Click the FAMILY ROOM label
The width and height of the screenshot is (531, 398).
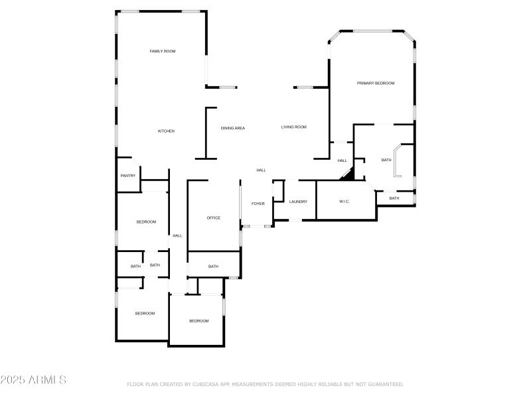coord(162,51)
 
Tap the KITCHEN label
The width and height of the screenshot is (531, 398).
coord(166,131)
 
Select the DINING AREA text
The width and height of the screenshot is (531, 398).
coord(232,128)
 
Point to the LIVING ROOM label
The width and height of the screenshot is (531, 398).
coord(293,127)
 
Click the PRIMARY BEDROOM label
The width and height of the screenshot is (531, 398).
coord(376,83)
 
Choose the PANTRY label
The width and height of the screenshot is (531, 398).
coord(128,176)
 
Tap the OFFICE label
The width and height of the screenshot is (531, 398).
coord(213,218)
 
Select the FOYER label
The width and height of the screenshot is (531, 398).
coord(258,203)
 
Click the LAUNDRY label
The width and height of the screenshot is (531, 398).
coord(298,202)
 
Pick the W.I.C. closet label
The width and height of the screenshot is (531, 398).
coord(344,202)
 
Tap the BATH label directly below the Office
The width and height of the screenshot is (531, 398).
coord(213,267)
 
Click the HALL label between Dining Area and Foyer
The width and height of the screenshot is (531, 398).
coord(262,170)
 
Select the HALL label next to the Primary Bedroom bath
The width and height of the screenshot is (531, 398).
coord(342,161)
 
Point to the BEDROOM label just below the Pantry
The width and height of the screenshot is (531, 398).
coord(146,222)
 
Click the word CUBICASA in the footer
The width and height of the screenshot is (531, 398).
coord(206,384)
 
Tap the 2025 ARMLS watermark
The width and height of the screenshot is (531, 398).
coord(33,380)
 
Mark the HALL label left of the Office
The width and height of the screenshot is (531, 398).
coord(177,235)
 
